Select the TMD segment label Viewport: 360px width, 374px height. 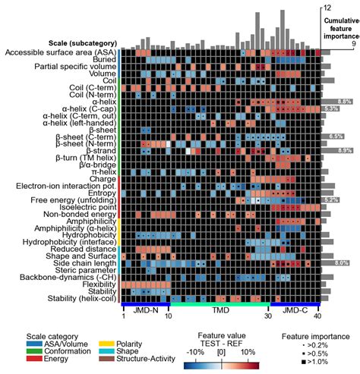(220, 311)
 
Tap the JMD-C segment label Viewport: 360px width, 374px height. (294, 311)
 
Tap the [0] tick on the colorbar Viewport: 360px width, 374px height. (221, 354)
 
